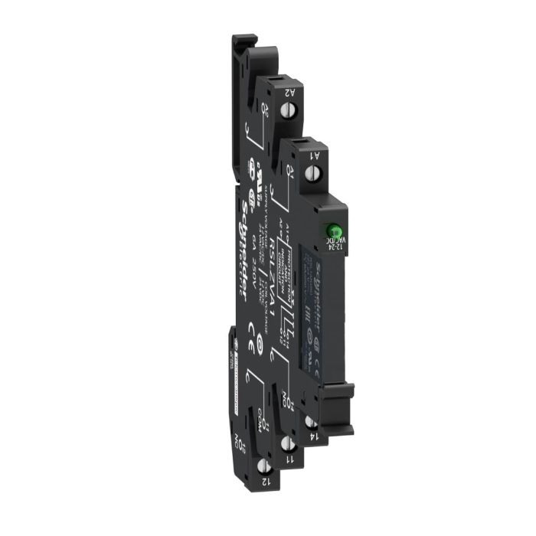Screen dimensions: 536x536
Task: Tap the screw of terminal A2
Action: pyautogui.click(x=290, y=112)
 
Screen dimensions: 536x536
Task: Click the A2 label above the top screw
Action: pyautogui.click(x=290, y=92)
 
